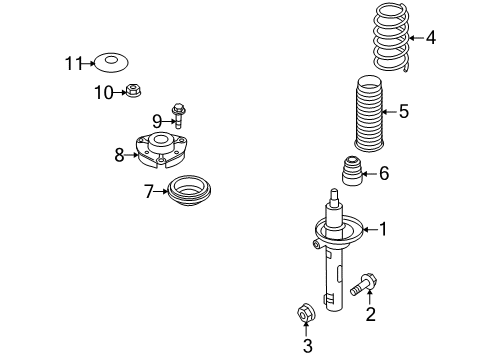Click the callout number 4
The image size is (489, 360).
[x=431, y=37]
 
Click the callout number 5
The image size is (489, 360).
[x=404, y=111]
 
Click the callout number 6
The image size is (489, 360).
[x=384, y=173]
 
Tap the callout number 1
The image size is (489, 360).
[x=383, y=229]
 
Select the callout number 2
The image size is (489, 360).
[x=370, y=314]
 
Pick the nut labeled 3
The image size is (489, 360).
[x=306, y=313]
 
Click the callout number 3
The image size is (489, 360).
[x=307, y=346]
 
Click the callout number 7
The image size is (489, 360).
[x=149, y=191]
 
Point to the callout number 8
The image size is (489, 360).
[x=119, y=155]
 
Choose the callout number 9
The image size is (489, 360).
[x=157, y=121]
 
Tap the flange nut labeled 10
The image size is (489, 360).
[x=133, y=90]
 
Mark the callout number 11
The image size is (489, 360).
[x=74, y=63]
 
